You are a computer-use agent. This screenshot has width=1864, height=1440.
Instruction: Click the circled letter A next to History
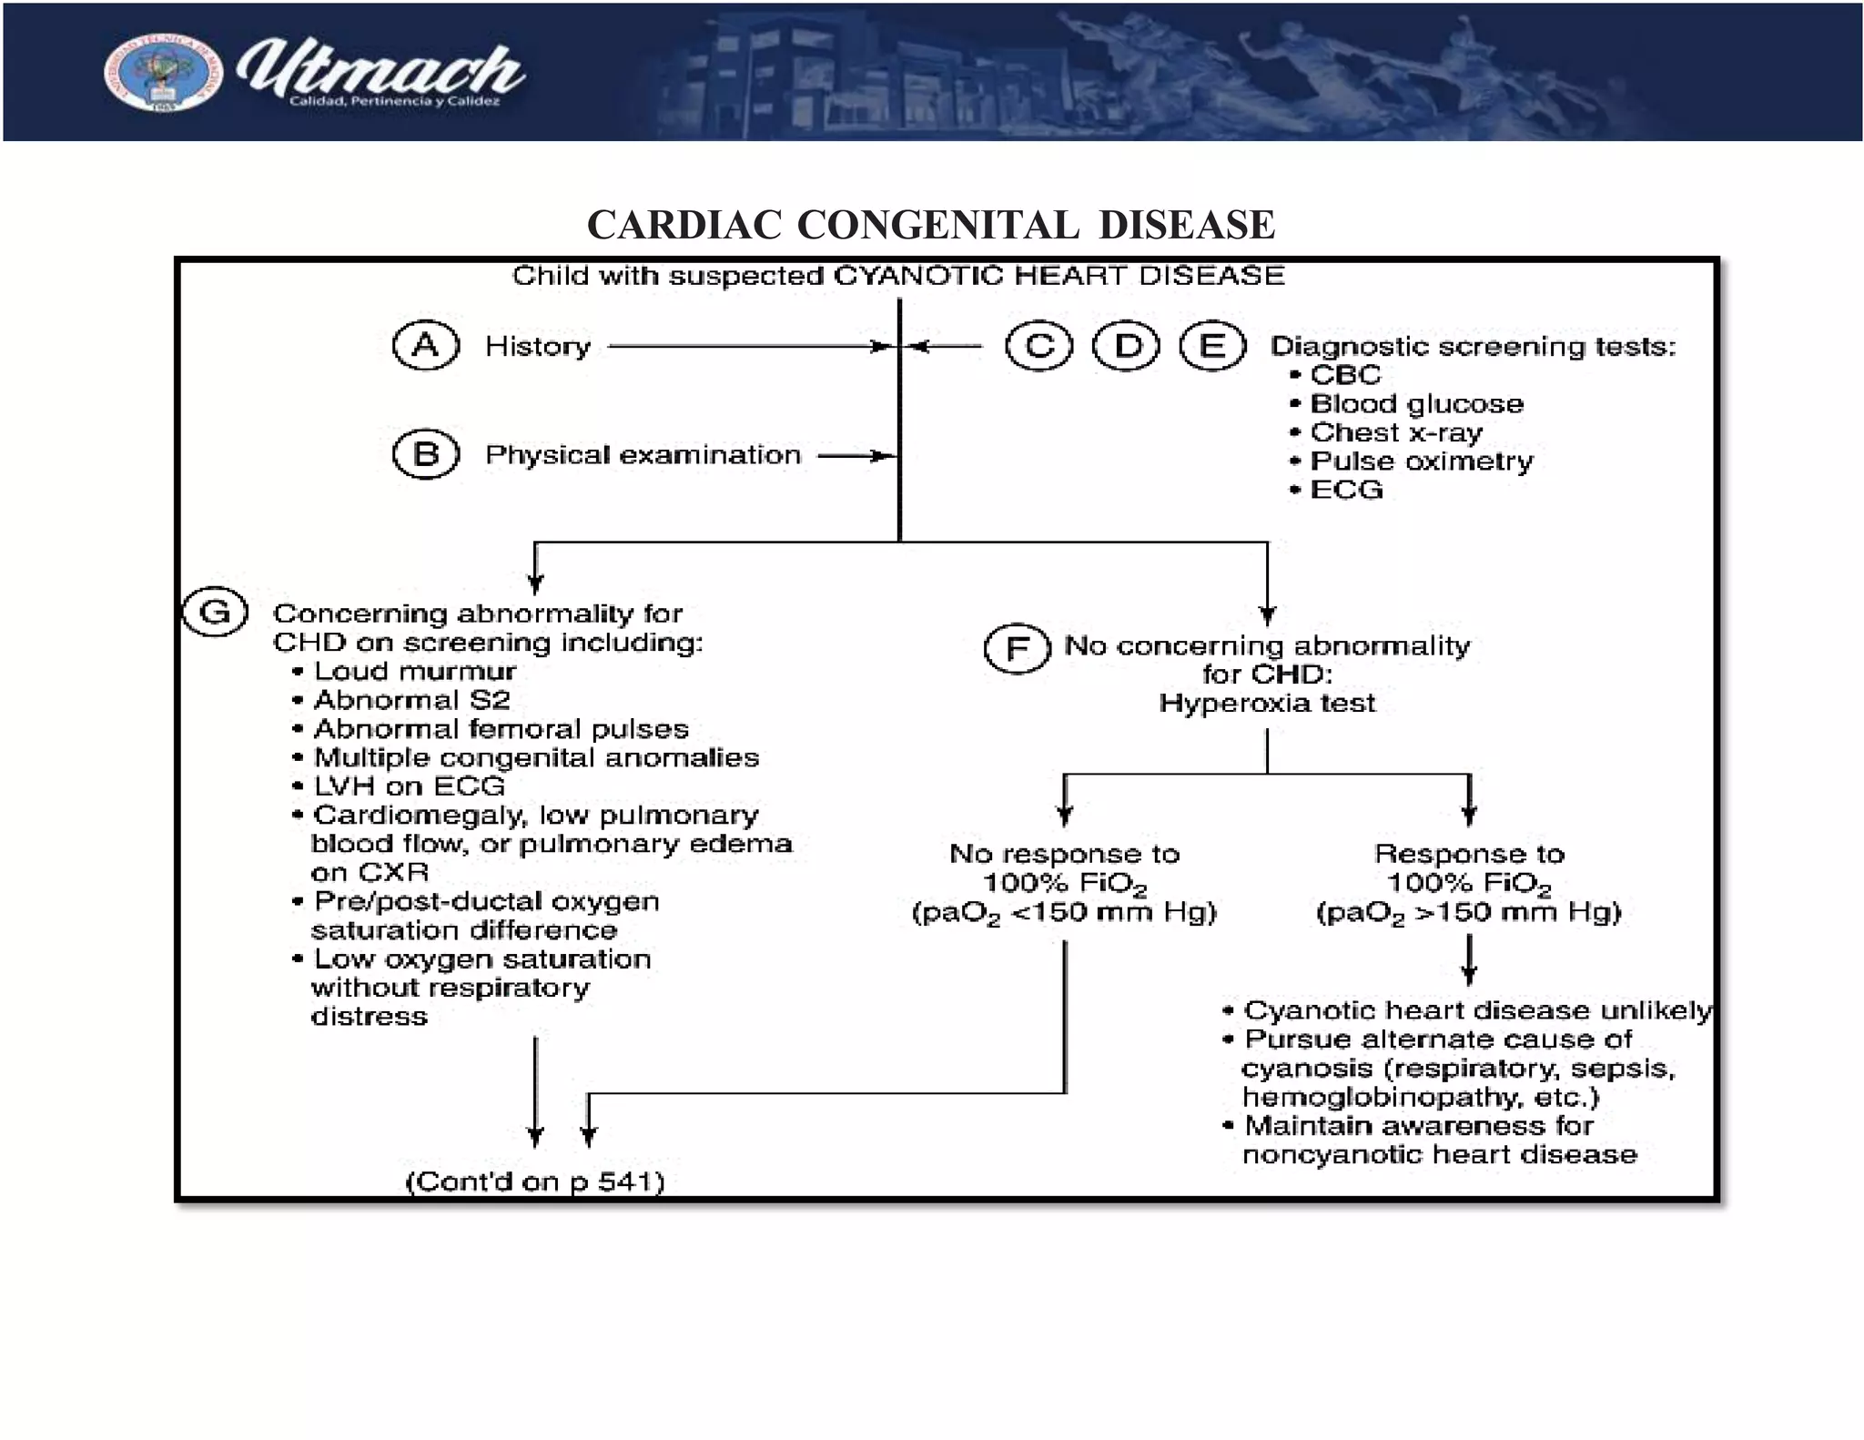point(426,346)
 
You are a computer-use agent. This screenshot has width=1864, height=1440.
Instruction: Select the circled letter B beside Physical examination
point(426,454)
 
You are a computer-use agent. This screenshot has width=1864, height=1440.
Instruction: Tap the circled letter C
point(1039,347)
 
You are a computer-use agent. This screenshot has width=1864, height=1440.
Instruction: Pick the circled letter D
point(1127,347)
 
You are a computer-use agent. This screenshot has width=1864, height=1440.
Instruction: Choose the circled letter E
point(1212,347)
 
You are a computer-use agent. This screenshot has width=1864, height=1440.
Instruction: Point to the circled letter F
point(1018,649)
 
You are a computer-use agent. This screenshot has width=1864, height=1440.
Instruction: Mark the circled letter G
point(215,612)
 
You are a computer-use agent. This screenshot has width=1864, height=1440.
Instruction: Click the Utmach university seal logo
point(162,75)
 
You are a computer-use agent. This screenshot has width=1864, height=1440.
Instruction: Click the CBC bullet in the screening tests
point(1344,375)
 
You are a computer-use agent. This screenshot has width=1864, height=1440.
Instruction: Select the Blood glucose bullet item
point(1415,404)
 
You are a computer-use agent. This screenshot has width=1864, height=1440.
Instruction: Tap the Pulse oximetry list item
point(1421,461)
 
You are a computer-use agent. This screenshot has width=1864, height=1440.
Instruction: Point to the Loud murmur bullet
point(414,672)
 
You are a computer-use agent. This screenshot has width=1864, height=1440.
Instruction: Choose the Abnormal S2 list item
point(411,700)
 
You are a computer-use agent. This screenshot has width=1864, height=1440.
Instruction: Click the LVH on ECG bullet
point(409,786)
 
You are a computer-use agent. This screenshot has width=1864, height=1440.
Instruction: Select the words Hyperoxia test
point(1267,704)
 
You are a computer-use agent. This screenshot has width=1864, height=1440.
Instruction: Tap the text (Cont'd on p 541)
point(535,1181)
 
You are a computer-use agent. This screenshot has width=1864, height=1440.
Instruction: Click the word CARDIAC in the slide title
point(684,225)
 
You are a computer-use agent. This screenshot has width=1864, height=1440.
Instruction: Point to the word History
point(538,347)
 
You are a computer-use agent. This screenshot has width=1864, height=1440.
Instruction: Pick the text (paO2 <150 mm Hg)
point(1064,913)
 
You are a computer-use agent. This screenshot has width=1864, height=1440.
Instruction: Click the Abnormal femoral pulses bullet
point(501,729)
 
